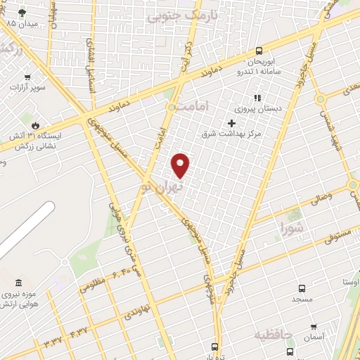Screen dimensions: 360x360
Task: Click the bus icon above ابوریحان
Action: click(x=259, y=50)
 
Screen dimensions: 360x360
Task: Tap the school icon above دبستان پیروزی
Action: click(x=257, y=98)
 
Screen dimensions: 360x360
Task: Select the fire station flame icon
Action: click(x=27, y=124)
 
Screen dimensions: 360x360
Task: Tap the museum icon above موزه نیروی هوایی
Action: click(x=18, y=282)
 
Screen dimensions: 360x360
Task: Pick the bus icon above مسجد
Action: click(x=302, y=288)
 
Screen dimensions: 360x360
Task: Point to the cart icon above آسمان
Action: click(x=314, y=327)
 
